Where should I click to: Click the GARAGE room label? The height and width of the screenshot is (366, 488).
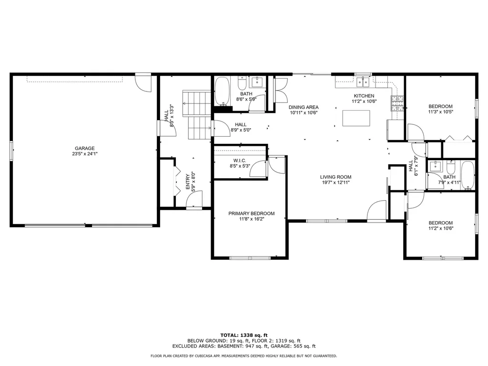[x=84, y=148]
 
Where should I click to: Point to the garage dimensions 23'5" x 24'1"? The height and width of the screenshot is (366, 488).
[x=84, y=154]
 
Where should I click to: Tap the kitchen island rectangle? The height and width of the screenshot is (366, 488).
[x=356, y=118]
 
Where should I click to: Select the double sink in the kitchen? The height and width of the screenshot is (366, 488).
[x=363, y=82]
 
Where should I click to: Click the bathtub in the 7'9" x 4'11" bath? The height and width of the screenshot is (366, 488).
[x=468, y=175]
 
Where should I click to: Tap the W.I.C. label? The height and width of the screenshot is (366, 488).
[x=239, y=161]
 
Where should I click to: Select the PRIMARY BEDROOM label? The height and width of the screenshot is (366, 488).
[x=251, y=213]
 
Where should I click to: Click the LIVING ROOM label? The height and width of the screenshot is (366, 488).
[x=335, y=177]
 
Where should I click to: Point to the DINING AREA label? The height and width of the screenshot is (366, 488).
[x=304, y=107]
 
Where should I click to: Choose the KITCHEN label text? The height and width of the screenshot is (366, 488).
[x=364, y=96]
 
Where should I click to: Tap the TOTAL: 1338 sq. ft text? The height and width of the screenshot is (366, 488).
[x=244, y=335]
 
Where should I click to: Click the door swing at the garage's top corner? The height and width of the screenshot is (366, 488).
[x=143, y=82]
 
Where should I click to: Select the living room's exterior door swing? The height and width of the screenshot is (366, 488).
[x=377, y=211]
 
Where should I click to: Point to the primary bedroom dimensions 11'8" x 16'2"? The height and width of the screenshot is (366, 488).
[x=251, y=219]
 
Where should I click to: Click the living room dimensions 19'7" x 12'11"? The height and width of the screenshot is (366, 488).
[x=335, y=183]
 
